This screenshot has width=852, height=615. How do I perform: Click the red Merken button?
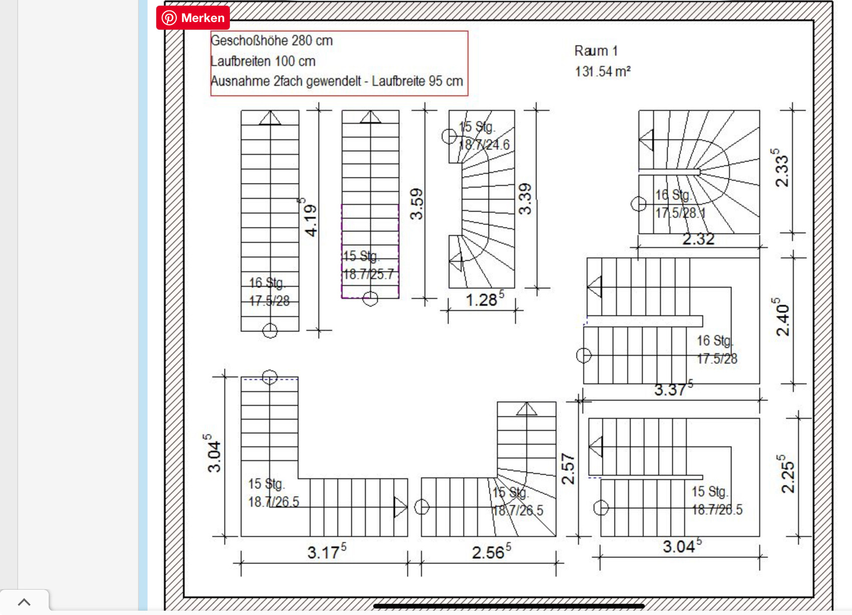point(193,18)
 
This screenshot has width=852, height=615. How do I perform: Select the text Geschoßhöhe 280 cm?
point(272,40)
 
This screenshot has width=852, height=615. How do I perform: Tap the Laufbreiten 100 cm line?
point(263,61)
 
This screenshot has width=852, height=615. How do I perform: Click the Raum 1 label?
point(596,51)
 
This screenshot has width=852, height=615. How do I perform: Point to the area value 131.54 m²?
point(603,71)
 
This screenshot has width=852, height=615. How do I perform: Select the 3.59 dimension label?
point(416,204)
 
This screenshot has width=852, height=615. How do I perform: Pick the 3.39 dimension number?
point(525,199)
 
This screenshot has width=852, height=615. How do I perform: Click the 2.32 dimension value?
point(698,239)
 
